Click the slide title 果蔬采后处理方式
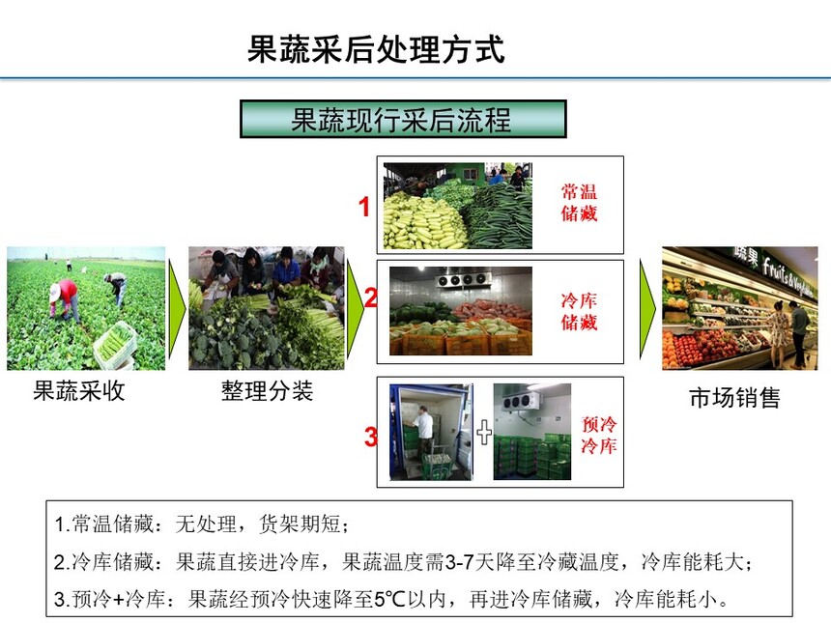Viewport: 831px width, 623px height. (x=376, y=50)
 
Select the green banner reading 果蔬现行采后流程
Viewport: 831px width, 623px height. (x=403, y=119)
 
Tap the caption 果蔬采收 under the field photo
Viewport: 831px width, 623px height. (x=79, y=391)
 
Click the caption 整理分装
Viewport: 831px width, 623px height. (x=267, y=391)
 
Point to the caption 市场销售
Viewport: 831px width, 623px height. (x=735, y=398)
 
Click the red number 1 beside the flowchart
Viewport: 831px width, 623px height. (x=364, y=206)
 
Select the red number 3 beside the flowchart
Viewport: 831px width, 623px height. (x=370, y=437)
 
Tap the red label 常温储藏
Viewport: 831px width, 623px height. (x=579, y=203)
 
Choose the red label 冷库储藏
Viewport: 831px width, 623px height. (x=579, y=311)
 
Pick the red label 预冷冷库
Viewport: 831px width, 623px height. (x=599, y=435)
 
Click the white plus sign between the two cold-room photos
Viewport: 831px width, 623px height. (x=484, y=433)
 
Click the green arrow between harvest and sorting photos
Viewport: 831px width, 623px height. (x=177, y=308)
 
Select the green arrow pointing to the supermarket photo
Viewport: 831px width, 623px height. (x=648, y=309)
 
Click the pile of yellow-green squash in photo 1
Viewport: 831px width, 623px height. (x=421, y=222)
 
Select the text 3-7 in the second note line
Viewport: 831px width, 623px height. (x=459, y=561)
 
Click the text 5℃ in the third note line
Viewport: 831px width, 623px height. (x=389, y=599)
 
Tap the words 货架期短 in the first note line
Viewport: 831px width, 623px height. (x=300, y=524)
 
